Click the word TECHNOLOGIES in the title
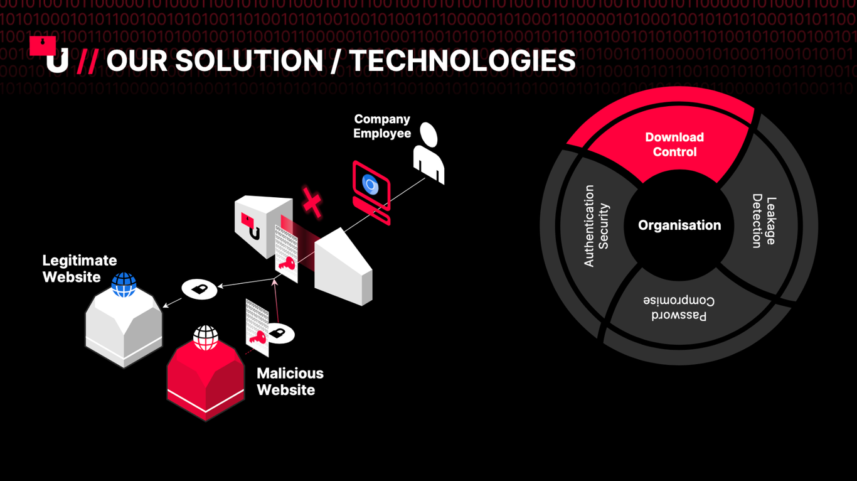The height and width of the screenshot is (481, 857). [462, 61]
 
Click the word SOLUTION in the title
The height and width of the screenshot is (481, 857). [248, 61]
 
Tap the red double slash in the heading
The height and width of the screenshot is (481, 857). [87, 61]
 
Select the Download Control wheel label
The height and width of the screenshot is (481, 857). [674, 144]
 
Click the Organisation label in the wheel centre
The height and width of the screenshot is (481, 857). [679, 225]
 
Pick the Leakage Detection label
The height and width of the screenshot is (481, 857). [764, 221]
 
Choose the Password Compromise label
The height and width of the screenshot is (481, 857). [679, 308]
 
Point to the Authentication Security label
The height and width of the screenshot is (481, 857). [596, 226]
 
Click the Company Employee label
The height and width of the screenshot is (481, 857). [382, 126]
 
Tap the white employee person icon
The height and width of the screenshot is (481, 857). [429, 153]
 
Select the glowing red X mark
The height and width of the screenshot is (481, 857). [312, 203]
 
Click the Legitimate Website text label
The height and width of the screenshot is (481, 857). [80, 269]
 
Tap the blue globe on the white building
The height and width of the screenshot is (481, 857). [124, 284]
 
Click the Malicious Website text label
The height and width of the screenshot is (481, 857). [290, 381]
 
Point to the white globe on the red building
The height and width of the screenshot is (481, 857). [205, 338]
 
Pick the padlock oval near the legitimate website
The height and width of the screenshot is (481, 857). [200, 289]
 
